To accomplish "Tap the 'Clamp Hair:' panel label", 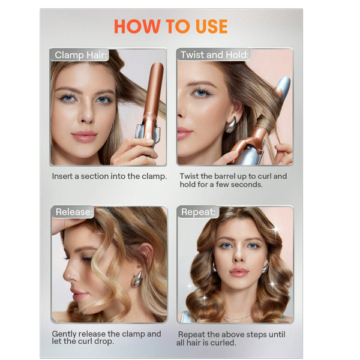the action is [81, 55].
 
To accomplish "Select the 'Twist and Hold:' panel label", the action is [214, 55].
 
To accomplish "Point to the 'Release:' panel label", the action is [74, 212].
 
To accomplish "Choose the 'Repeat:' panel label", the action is [199, 212].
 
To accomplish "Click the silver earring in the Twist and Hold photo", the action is [230, 125].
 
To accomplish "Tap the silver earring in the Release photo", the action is [137, 279].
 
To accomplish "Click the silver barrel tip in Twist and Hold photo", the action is [283, 86].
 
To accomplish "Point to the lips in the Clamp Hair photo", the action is [84, 136].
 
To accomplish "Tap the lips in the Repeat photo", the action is [239, 272].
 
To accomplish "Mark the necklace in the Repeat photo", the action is [237, 318].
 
